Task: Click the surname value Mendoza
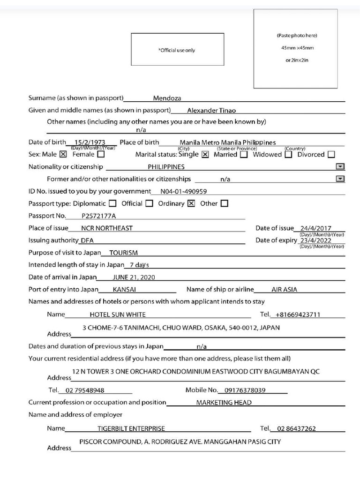click(x=167, y=98)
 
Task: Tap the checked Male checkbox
click(x=63, y=154)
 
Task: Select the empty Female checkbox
click(x=101, y=154)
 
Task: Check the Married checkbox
click(x=244, y=155)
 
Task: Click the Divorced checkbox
click(x=331, y=155)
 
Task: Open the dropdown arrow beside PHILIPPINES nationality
click(x=340, y=166)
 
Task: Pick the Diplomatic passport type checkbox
click(x=112, y=203)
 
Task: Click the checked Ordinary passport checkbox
click(x=191, y=203)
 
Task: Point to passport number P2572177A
click(x=98, y=216)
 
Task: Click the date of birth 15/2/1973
click(x=90, y=142)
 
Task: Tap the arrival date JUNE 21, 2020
click(x=134, y=277)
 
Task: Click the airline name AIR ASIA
click(x=284, y=290)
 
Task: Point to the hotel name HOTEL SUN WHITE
click(x=118, y=315)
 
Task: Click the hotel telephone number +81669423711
click(x=298, y=315)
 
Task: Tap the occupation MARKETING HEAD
click(x=224, y=403)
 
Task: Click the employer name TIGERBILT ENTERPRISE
click(x=131, y=428)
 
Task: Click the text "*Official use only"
click(x=177, y=50)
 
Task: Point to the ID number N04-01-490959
click(x=183, y=191)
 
